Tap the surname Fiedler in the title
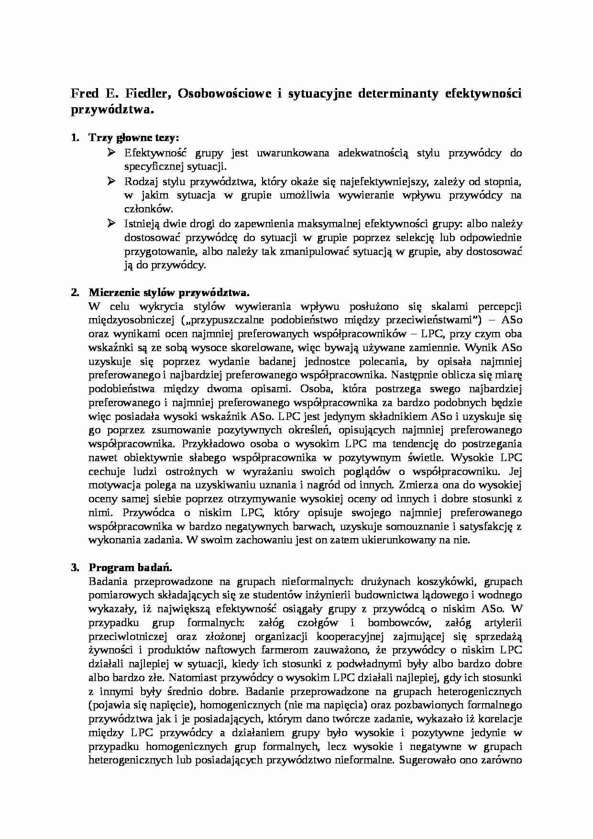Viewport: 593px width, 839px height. point(146,94)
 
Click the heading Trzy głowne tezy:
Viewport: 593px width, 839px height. point(133,138)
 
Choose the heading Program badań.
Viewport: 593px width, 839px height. point(130,568)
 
